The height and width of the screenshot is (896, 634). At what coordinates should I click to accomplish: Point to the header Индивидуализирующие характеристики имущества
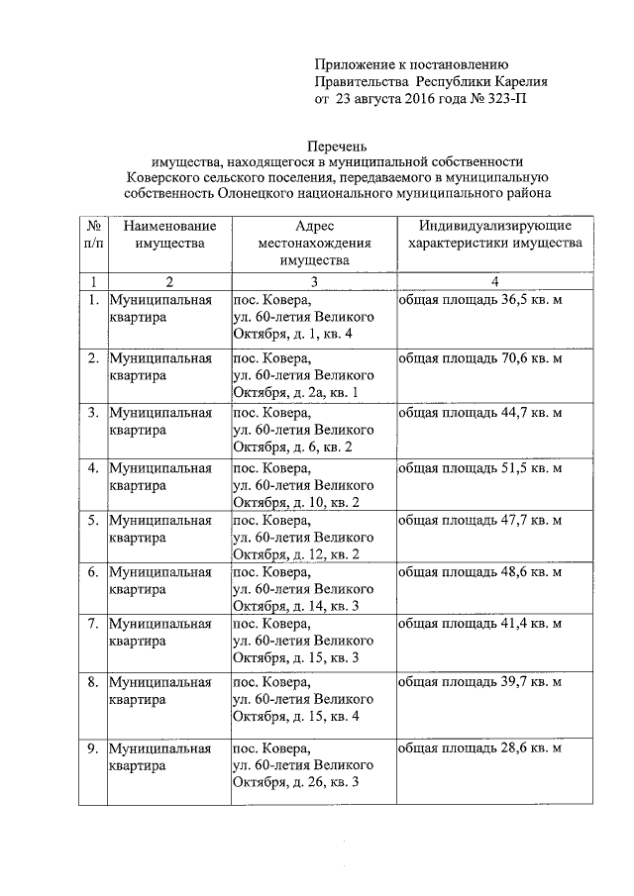492,234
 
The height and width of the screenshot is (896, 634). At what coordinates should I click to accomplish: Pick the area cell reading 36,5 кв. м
479,299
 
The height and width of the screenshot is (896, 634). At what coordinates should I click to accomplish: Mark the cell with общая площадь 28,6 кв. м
479,747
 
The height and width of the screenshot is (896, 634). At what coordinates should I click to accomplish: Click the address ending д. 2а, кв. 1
302,375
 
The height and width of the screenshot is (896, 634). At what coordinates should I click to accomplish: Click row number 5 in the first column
92,520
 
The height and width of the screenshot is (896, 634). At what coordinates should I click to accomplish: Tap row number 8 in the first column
92,682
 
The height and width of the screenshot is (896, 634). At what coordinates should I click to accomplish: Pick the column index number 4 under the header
492,281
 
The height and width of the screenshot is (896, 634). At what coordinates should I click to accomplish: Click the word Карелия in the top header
513,82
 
